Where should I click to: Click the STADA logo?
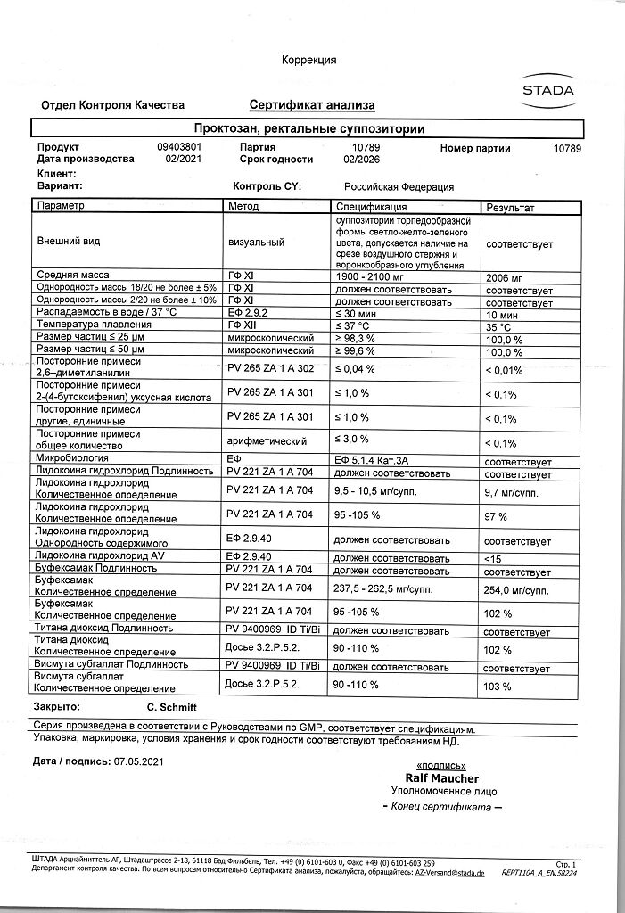pos(547,90)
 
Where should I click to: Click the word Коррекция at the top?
pos(308,60)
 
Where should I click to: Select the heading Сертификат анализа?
pos(306,105)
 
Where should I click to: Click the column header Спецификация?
pos(371,207)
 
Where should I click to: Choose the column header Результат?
pos(510,207)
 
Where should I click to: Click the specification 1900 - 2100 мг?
pos(369,276)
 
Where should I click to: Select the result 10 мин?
pos(502,315)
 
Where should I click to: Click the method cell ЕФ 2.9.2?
pos(247,314)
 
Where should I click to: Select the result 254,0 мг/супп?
pos(515,589)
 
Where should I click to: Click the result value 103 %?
pos(497,687)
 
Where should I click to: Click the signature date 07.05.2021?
pos(139,761)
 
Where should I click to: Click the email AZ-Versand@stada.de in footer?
pos(449,874)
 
